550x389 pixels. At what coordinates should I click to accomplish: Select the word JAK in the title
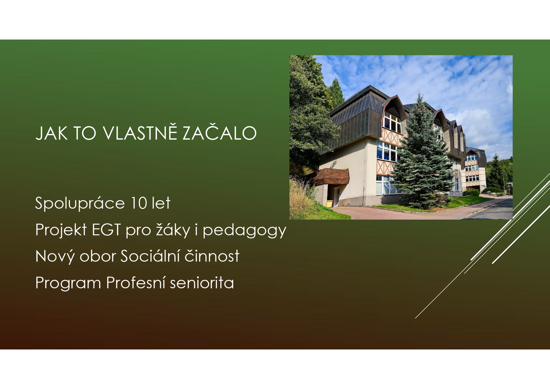[x=51, y=133]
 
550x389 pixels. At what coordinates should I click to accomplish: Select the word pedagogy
[x=244, y=231]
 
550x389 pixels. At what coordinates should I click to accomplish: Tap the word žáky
[x=173, y=230]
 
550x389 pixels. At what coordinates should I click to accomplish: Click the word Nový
[x=55, y=257]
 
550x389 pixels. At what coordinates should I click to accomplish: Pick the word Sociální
[x=150, y=256]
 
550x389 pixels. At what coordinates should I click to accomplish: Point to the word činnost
[x=212, y=256]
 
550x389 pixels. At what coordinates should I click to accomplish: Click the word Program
[x=68, y=283]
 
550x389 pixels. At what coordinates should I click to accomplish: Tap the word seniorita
[x=202, y=283]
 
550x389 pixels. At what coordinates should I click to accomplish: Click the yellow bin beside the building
[x=330, y=204]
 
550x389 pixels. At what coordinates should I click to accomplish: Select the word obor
[x=98, y=256]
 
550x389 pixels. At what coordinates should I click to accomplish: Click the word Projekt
[x=61, y=230]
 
